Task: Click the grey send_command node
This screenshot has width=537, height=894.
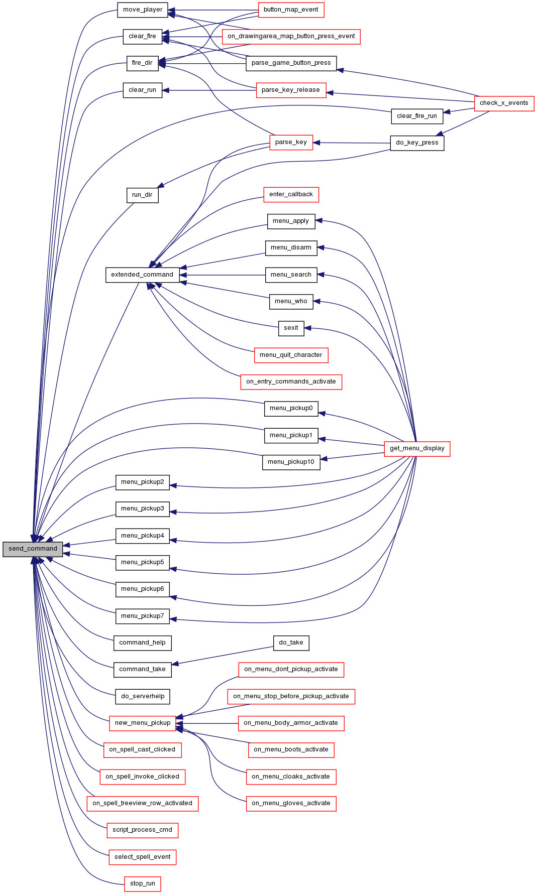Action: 33,549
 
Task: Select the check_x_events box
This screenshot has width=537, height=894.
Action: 504,103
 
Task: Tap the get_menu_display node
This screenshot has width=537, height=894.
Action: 417,448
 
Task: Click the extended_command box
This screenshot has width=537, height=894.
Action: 142,275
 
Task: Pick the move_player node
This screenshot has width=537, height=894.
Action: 143,10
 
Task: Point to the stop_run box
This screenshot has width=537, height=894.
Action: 143,883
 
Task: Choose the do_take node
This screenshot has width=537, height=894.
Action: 291,643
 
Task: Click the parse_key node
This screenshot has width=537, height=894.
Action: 291,142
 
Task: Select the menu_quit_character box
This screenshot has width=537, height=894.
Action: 291,355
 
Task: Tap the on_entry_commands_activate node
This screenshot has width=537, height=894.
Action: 291,381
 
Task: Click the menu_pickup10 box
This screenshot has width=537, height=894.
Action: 291,462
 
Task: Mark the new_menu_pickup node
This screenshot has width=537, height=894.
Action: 143,723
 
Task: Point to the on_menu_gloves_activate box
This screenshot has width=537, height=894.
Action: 291,803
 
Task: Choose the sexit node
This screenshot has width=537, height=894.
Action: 291,328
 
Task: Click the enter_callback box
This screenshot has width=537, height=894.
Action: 291,194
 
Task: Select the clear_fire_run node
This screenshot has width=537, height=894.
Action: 417,116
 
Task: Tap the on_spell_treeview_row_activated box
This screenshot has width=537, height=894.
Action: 143,803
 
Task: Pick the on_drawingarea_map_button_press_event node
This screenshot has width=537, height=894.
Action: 291,36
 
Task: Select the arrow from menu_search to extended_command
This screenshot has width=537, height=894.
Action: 223,275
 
